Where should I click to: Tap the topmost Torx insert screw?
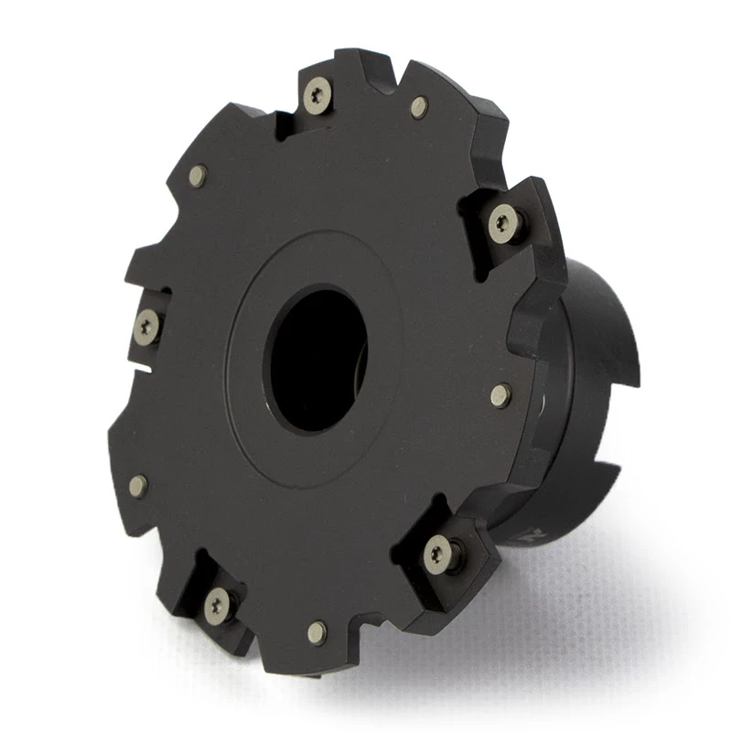[x=317, y=93]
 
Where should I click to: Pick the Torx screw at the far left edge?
[x=146, y=327]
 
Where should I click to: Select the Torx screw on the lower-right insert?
[x=440, y=554]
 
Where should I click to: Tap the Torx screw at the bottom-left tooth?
[x=217, y=604]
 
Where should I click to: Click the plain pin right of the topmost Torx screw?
[x=419, y=107]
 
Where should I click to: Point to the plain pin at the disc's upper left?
[x=197, y=176]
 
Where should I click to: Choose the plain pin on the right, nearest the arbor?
[x=501, y=394]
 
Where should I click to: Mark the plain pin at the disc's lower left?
[x=138, y=486]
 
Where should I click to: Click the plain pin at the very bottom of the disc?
[x=318, y=631]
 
